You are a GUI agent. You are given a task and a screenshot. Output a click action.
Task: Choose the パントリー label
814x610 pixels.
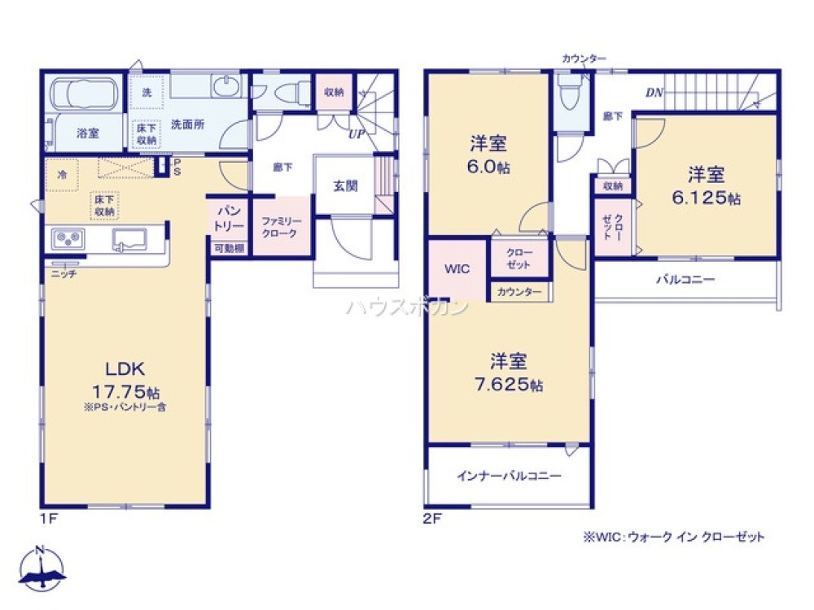(228, 218)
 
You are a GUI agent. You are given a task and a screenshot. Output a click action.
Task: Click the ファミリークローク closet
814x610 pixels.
(281, 228)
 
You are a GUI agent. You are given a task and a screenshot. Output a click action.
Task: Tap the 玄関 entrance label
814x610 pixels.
(344, 185)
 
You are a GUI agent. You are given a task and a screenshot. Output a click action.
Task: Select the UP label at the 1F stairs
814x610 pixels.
(356, 134)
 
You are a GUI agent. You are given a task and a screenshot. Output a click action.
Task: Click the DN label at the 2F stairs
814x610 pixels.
(654, 93)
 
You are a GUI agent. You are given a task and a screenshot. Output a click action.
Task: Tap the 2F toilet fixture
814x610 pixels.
(571, 94)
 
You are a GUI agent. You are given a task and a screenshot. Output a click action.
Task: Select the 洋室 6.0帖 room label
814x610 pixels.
(488, 155)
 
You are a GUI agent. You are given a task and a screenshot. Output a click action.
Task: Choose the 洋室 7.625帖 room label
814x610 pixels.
(509, 371)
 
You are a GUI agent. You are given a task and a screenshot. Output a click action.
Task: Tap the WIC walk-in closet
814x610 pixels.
(457, 269)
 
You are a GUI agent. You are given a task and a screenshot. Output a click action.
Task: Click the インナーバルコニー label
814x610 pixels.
(509, 477)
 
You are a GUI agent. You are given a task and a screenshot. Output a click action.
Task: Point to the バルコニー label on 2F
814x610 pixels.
(685, 280)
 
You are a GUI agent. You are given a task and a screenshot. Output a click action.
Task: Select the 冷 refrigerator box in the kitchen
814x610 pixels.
(62, 174)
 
